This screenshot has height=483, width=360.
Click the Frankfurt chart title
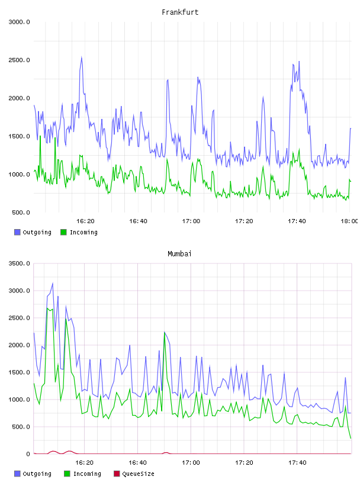coord(180,12)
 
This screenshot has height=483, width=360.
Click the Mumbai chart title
coord(179,254)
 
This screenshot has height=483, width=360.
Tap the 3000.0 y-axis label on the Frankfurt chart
coord(19,22)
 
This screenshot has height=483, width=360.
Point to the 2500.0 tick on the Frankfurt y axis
coord(19,60)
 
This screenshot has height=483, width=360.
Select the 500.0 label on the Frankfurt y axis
coord(21,212)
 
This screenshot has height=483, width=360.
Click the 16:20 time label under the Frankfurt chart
coord(85,221)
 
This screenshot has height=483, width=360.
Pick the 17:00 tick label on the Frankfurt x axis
coord(191,221)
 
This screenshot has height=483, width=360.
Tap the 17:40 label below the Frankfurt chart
coord(297,221)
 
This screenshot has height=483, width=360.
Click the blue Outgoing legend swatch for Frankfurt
coord(17,232)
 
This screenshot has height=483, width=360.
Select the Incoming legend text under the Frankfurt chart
coord(83,232)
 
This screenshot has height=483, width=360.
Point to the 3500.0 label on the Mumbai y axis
coord(19,263)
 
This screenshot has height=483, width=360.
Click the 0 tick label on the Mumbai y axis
coord(28,454)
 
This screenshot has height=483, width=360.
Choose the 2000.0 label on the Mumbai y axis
coord(19,345)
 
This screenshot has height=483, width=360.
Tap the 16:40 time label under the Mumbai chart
coord(137,462)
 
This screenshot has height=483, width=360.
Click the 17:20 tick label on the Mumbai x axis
coord(244,462)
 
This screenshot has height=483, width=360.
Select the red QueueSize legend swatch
coord(117,474)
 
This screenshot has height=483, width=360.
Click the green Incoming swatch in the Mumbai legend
coord(67,474)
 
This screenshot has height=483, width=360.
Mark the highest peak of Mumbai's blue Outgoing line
coord(53,283)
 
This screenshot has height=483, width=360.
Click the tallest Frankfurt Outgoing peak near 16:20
coord(81,57)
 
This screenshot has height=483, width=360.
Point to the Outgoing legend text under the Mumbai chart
coord(37,474)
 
